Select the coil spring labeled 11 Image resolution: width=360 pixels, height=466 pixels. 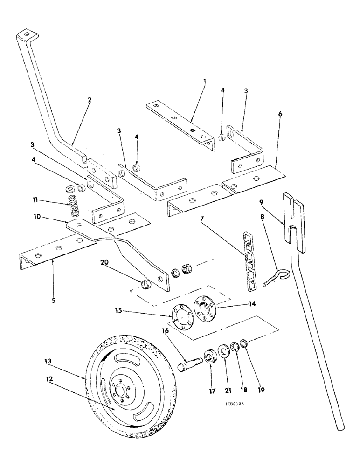[73, 206]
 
